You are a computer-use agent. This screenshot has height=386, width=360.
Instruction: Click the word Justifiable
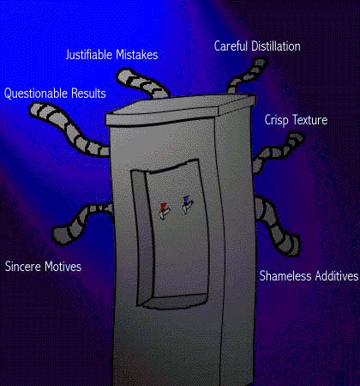tap(89, 55)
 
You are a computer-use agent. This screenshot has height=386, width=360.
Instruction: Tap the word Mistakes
tap(137, 55)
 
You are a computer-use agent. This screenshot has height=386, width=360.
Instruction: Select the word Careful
tap(231, 46)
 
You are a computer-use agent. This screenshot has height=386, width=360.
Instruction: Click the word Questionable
tap(36, 93)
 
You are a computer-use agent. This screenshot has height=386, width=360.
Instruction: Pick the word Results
tap(88, 93)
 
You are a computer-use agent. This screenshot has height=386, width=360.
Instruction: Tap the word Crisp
tap(276, 120)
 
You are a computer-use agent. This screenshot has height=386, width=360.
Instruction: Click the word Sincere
tap(23, 267)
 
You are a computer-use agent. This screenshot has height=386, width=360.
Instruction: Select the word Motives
tap(63, 267)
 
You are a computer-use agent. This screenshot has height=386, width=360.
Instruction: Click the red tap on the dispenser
tap(164, 210)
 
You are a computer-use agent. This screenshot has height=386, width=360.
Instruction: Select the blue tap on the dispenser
tap(187, 204)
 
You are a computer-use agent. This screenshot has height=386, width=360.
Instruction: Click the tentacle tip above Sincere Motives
tap(59, 235)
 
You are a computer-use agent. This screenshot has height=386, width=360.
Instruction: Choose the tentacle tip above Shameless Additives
tap(292, 246)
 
